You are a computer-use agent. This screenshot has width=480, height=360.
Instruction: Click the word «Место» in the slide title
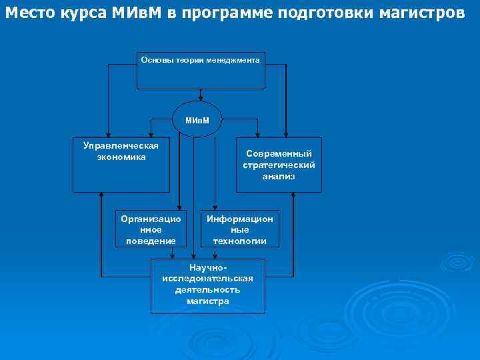pos(30,14)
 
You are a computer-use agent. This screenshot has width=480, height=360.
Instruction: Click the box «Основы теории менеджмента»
pos(201,71)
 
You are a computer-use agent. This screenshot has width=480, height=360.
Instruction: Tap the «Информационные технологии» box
pos(239,229)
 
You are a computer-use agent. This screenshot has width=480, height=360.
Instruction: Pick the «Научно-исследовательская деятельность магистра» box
pos(207,285)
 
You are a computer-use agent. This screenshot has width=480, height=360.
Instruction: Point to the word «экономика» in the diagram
pos(121,157)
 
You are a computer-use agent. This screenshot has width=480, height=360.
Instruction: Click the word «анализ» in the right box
pos(279,177)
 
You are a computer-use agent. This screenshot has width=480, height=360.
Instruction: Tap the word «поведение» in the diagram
pos(151,241)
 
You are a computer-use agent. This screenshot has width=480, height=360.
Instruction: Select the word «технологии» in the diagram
pos(239,241)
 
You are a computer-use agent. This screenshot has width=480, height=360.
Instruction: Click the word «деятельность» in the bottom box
pos(207,290)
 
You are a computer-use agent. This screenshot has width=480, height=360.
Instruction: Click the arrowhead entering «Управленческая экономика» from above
pos(152,135)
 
